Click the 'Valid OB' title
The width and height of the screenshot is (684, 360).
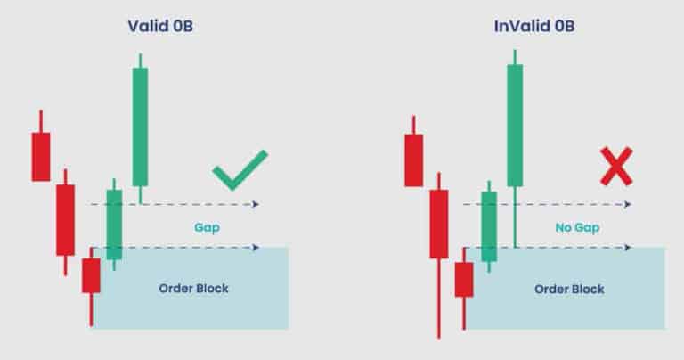160,26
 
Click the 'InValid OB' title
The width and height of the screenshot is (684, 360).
534,26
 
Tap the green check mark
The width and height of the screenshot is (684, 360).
240,169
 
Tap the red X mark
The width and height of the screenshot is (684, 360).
615,167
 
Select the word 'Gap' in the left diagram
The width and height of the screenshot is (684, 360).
207,227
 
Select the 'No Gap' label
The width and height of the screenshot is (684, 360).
577,227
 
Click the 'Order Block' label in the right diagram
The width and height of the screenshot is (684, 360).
568,289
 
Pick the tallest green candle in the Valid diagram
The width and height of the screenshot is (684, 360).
140,126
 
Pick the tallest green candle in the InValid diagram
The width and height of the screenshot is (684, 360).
515,125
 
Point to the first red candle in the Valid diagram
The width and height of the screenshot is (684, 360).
41,156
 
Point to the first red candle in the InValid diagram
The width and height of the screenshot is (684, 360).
413,160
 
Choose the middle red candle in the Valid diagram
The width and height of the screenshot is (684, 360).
65,219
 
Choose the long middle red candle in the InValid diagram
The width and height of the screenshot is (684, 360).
438,224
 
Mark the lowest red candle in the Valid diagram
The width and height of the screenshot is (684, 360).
91,274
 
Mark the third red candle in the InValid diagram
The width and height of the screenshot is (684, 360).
463,279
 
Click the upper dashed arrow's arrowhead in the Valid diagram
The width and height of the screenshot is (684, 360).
256,205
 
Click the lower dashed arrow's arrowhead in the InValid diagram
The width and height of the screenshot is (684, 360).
630,247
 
